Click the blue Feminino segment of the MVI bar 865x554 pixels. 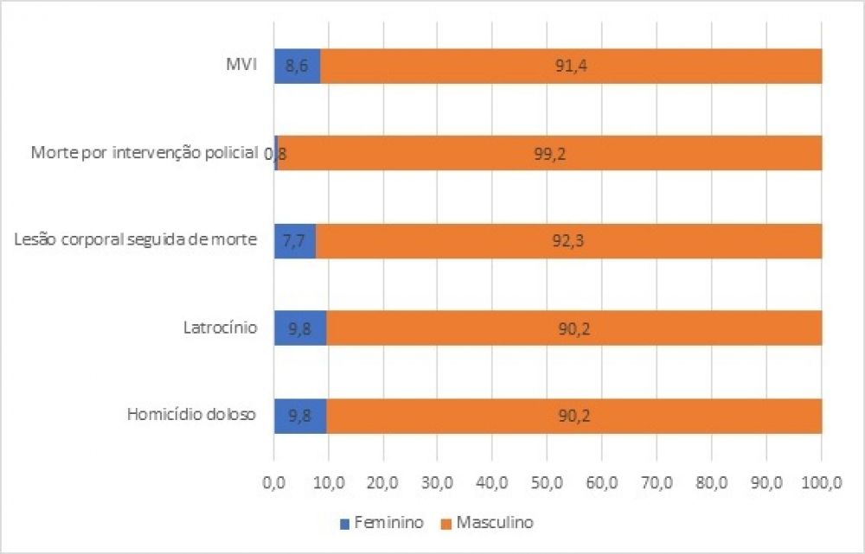[298, 66]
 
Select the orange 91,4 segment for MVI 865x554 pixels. [571, 66]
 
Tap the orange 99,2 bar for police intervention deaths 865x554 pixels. [549, 153]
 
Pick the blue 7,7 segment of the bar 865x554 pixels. [295, 240]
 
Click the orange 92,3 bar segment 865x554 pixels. [568, 240]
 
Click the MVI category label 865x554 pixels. [237, 66]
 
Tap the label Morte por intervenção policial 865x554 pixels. [144, 153]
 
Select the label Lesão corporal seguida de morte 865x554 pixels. [136, 240]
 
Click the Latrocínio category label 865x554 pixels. [220, 328]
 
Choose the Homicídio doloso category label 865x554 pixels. [191, 415]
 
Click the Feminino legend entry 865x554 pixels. [384, 523]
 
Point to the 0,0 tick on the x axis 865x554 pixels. [274, 478]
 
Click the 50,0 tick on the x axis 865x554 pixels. [548, 478]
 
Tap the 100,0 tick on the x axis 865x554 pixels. [821, 478]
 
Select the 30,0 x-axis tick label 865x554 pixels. [438, 478]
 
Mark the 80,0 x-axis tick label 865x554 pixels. [711, 478]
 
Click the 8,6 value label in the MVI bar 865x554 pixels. [298, 66]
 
